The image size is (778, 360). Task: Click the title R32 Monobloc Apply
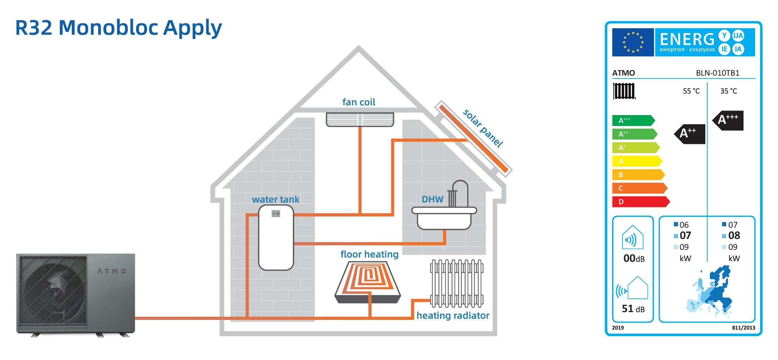click(119, 28)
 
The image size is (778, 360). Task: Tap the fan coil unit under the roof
click(360, 119)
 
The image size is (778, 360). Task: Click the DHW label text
click(432, 199)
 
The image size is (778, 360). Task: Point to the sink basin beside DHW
click(444, 218)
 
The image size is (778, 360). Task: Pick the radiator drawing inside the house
click(456, 283)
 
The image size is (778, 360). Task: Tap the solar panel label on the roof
click(482, 128)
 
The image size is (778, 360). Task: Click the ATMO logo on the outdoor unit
click(112, 271)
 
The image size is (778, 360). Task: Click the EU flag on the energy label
click(633, 42)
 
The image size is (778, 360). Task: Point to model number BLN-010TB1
click(717, 73)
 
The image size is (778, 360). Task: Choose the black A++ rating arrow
click(690, 134)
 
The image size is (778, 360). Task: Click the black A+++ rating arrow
click(728, 120)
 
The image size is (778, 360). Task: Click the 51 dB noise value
click(633, 309)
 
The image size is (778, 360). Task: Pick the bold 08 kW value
click(734, 235)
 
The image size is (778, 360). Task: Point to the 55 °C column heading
click(691, 91)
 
